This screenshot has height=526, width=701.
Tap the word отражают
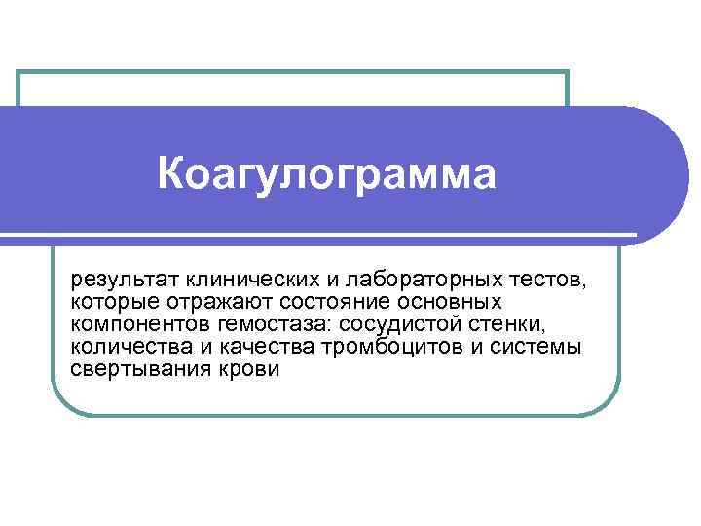coord(202,303)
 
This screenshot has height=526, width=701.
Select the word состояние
coord(309,303)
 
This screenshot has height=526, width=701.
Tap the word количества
coord(122,348)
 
